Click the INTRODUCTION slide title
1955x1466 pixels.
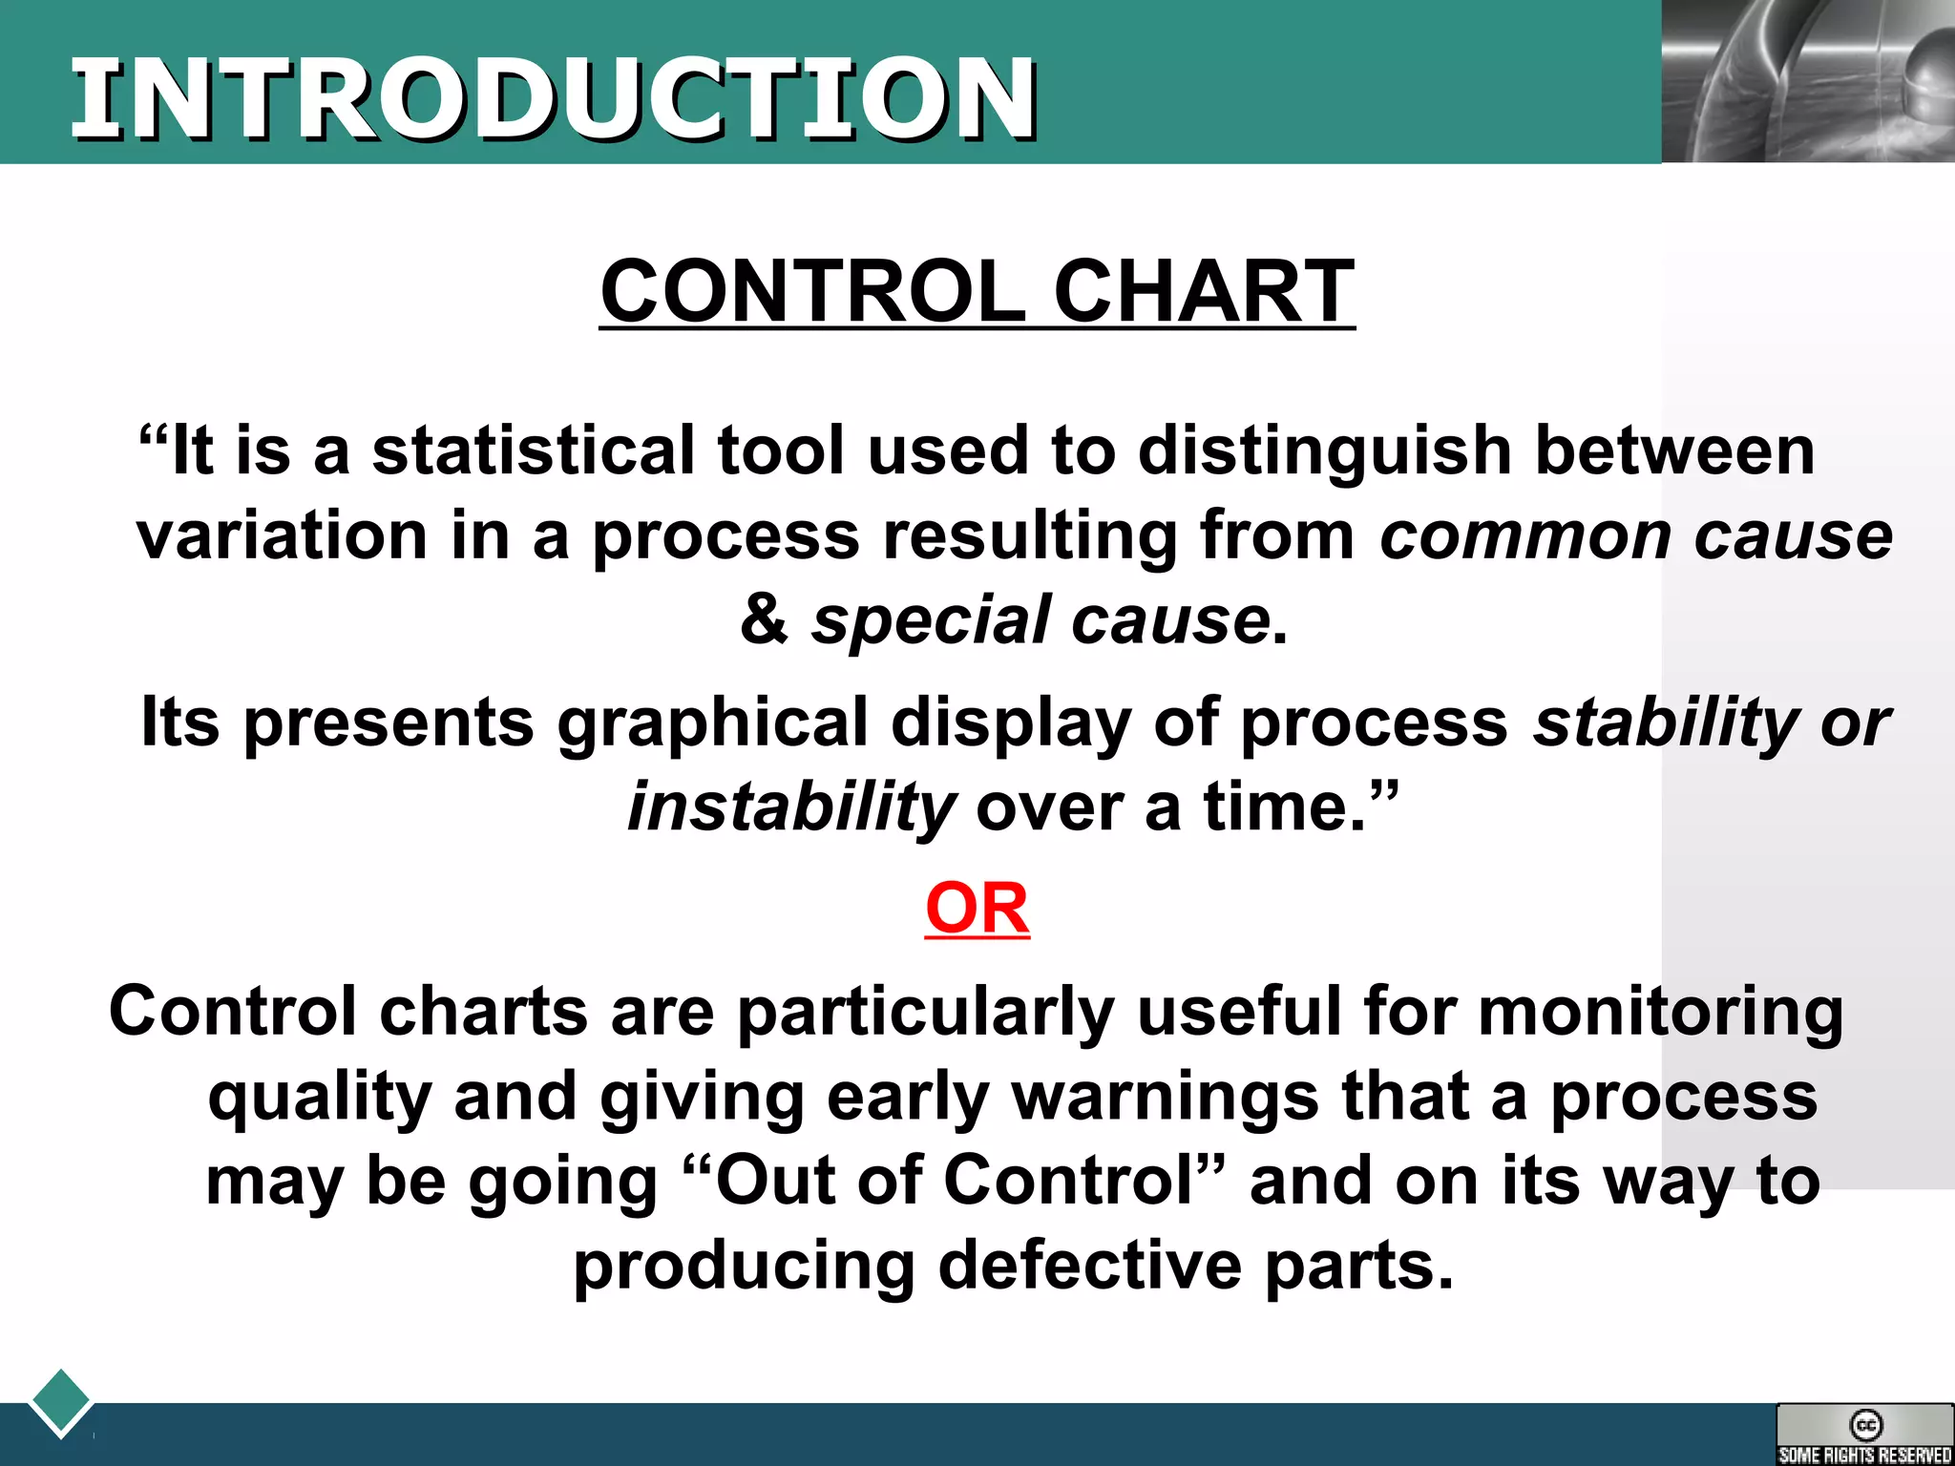pyautogui.click(x=554, y=98)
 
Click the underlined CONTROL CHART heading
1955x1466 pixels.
pyautogui.click(x=977, y=291)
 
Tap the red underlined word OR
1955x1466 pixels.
pyautogui.click(x=977, y=908)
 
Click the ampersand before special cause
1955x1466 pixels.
pyautogui.click(x=764, y=619)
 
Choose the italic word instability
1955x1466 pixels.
pyautogui.click(x=790, y=807)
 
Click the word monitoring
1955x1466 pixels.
pyautogui.click(x=1660, y=1011)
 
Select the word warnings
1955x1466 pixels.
pyautogui.click(x=1166, y=1096)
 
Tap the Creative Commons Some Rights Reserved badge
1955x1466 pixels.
pyautogui.click(x=1864, y=1435)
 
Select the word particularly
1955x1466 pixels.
pyautogui.click(x=925, y=1011)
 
